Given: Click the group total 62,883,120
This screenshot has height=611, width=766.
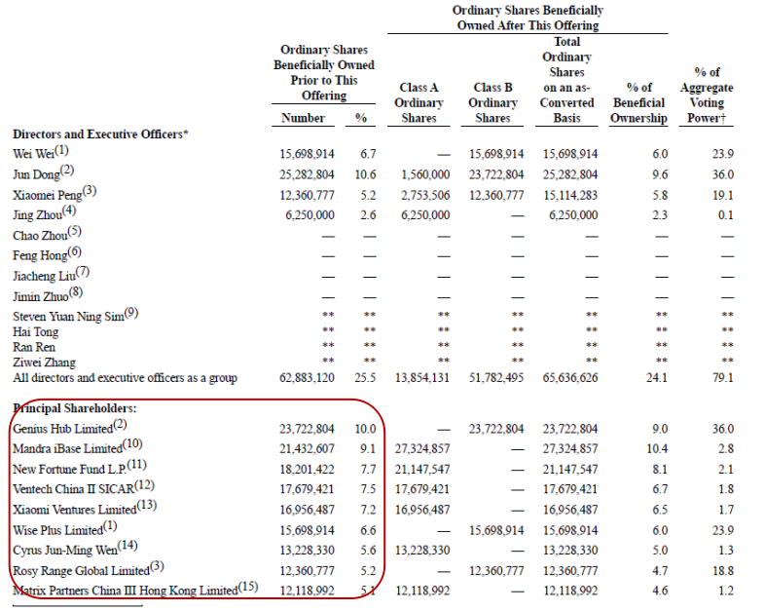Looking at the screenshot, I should pos(304,378).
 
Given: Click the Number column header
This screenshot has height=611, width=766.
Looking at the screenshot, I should pos(304,118).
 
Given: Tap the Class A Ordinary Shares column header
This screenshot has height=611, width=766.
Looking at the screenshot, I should pos(419,102).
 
